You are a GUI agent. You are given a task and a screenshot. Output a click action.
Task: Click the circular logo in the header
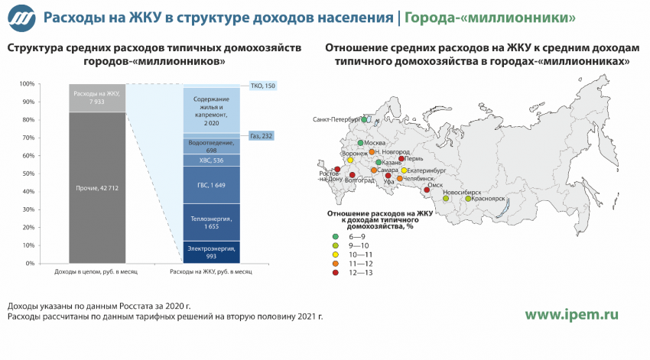pyautogui.click(x=21, y=18)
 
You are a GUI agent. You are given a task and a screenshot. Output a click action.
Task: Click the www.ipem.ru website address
pyautogui.click(x=572, y=315)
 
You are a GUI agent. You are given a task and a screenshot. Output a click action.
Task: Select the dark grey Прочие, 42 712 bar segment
pyautogui.click(x=97, y=188)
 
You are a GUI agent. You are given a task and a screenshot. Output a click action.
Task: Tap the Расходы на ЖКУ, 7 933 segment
pyautogui.click(x=97, y=98)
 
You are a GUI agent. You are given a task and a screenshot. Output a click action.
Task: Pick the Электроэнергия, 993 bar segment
pyautogui.click(x=211, y=252)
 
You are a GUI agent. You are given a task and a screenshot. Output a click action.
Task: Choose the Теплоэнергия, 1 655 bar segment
pyautogui.click(x=211, y=222)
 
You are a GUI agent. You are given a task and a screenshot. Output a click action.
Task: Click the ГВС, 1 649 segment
pyautogui.click(x=211, y=185)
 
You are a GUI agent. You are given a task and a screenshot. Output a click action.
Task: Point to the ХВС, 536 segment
pyautogui.click(x=211, y=161)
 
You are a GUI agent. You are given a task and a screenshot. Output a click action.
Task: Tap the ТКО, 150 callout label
pyautogui.click(x=263, y=86)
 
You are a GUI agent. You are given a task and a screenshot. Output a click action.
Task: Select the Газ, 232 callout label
pyautogui.click(x=262, y=136)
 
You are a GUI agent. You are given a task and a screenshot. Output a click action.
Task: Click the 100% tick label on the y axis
pyautogui.click(x=27, y=83)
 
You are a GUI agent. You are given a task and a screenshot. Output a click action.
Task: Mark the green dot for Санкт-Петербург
pyautogui.click(x=364, y=120)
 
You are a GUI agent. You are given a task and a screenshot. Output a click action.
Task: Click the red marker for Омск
pyautogui.click(x=427, y=190)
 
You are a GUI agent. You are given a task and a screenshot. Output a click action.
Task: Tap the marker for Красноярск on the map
pyautogui.click(x=468, y=199)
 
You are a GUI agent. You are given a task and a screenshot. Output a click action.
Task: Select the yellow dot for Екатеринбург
pyautogui.click(x=404, y=170)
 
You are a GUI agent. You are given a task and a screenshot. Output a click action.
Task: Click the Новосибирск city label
pyautogui.click(x=462, y=193)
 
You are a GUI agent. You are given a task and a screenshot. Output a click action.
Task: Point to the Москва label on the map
pyautogui.click(x=375, y=143)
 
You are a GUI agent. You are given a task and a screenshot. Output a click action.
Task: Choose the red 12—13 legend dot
pyautogui.click(x=336, y=273)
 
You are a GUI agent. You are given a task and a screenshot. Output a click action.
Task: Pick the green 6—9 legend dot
pyautogui.click(x=336, y=236)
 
